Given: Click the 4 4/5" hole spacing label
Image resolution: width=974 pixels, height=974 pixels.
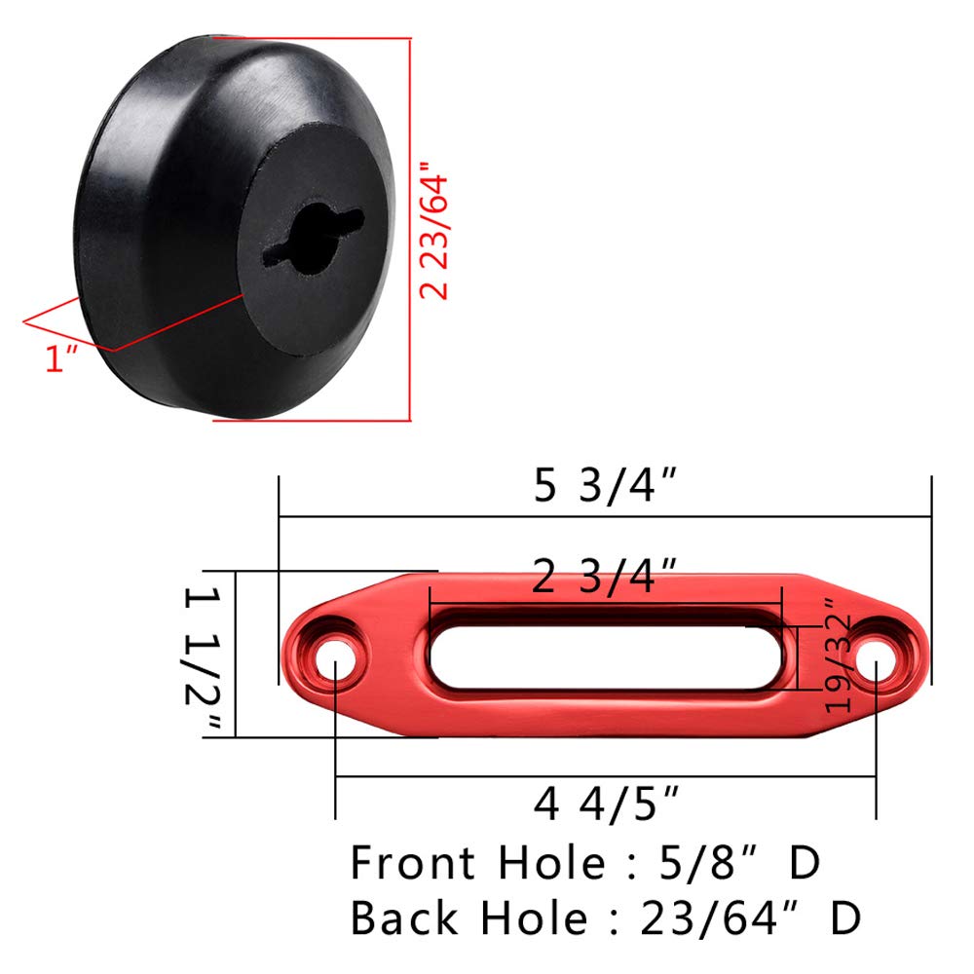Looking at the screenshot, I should [605, 805].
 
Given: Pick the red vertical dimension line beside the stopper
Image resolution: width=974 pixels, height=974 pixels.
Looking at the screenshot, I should [409, 229].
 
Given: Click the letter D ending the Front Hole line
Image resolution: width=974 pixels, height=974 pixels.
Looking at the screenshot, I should [805, 863].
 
